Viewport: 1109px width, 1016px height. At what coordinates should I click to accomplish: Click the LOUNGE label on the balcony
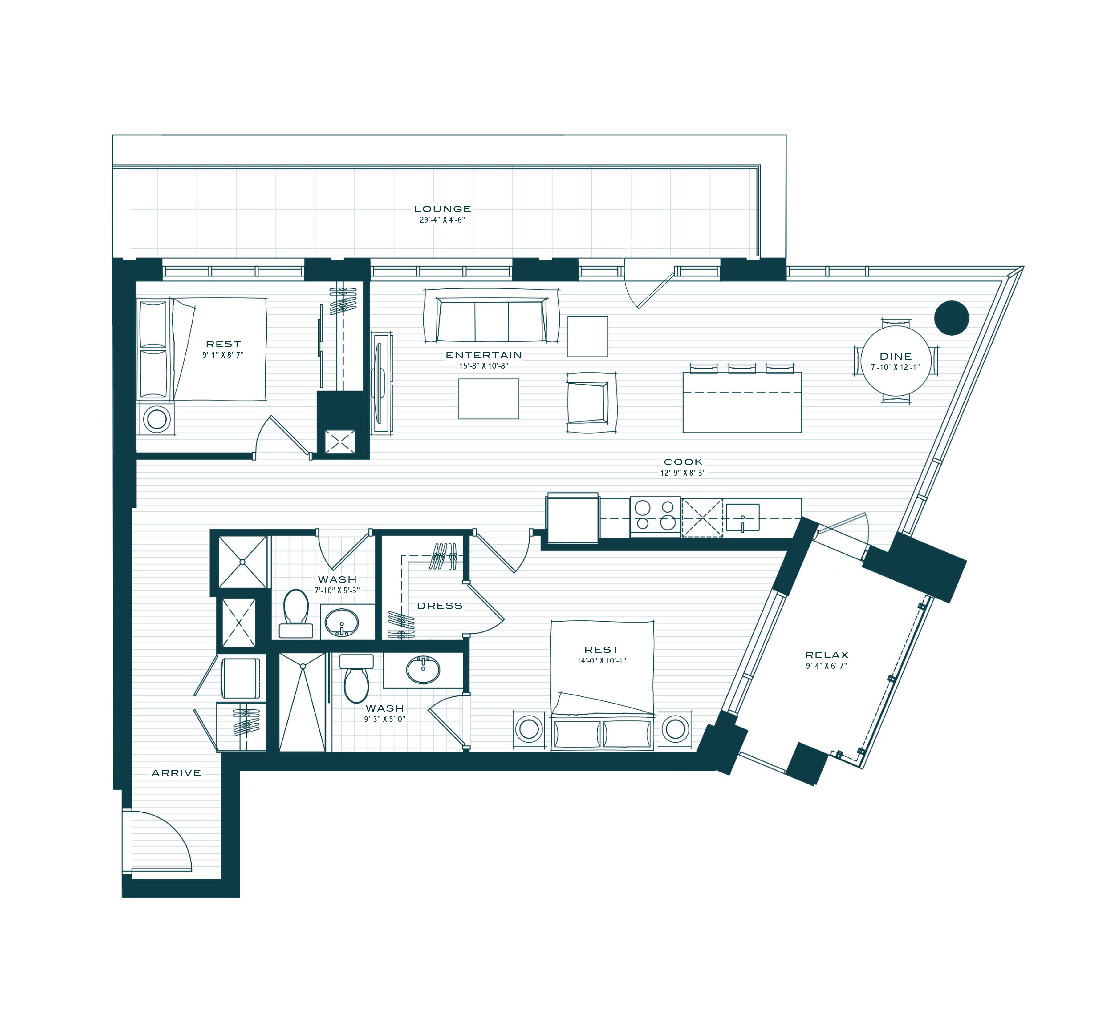pos(443,209)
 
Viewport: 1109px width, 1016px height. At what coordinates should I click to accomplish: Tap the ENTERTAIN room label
pos(484,355)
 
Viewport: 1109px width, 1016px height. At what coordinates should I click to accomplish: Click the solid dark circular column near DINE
pos(952,318)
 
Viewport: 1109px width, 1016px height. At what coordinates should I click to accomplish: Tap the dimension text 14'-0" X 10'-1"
pos(602,661)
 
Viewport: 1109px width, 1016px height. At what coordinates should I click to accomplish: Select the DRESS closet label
pos(440,606)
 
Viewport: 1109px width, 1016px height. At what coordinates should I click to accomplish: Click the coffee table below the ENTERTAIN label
pos(489,399)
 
